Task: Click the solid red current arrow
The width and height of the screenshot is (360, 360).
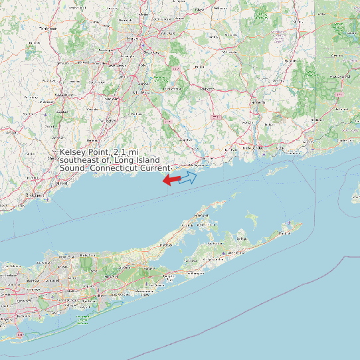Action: tap(171, 180)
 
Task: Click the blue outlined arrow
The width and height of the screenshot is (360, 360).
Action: tap(188, 177)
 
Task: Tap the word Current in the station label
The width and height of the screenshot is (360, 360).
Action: tap(156, 168)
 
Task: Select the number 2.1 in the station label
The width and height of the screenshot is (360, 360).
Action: tap(121, 153)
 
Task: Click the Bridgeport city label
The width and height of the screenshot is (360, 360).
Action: tap(35, 195)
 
